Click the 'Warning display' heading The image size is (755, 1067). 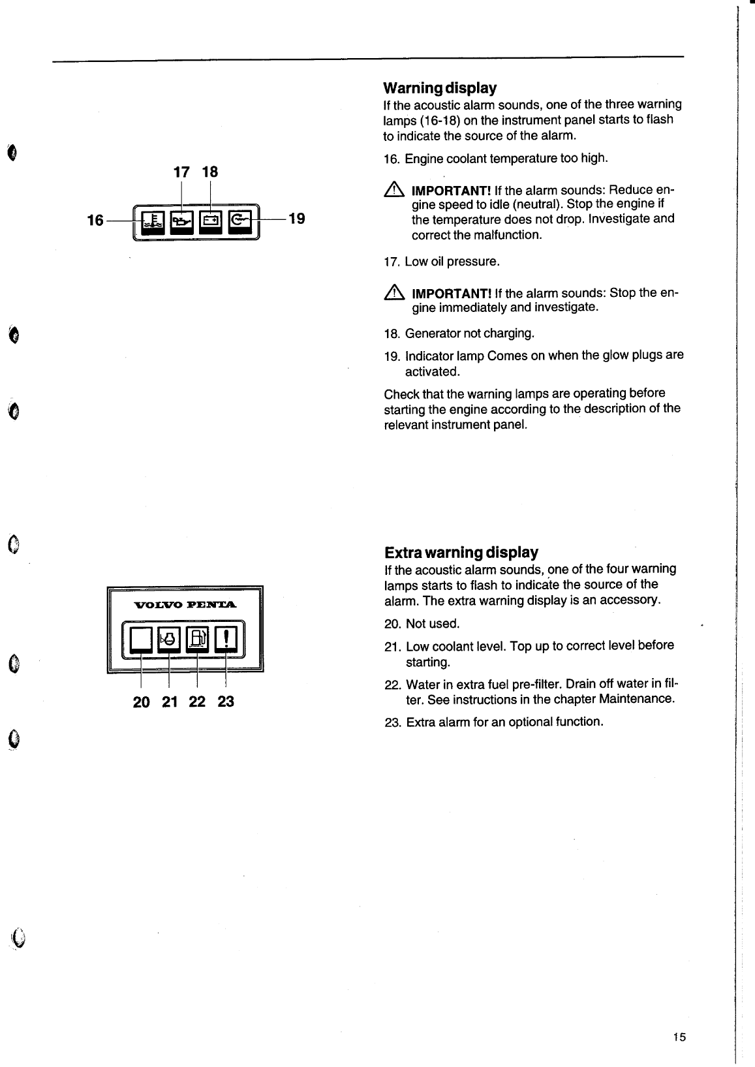[x=440, y=87]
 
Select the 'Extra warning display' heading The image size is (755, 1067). [x=461, y=553]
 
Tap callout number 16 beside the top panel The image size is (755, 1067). [x=95, y=221]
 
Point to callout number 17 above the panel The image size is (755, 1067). [x=181, y=172]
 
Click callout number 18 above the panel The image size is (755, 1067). [x=209, y=172]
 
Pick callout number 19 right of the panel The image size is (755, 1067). [x=297, y=218]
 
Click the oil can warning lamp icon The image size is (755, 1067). [x=181, y=222]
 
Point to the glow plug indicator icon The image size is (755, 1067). [x=239, y=221]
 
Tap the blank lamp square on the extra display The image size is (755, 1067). [x=140, y=639]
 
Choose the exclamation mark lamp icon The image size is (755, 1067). [x=226, y=639]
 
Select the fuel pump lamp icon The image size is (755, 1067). [x=198, y=639]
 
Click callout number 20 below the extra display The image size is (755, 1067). [x=141, y=702]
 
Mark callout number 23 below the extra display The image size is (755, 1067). [x=226, y=702]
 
